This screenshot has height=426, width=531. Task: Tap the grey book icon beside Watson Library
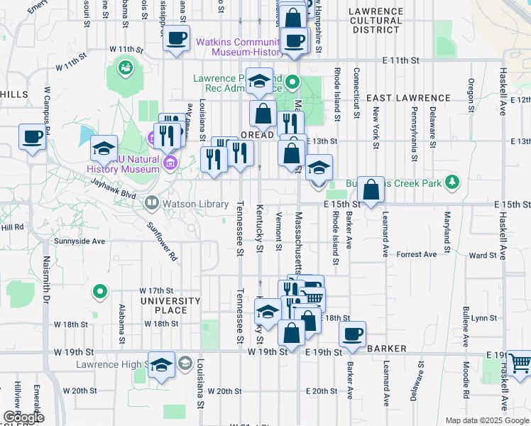pos(151,204)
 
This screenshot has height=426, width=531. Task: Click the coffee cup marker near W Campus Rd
pos(32,137)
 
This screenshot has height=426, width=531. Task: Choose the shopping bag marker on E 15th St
pos(371,190)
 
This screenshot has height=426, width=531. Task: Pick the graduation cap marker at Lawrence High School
pos(161,365)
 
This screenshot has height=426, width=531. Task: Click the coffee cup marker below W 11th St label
pos(176,38)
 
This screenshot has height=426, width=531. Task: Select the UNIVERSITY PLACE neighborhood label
pos(170,305)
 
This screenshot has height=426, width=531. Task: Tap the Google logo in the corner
pos(23,417)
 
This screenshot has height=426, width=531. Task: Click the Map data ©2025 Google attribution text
pos(486,420)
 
